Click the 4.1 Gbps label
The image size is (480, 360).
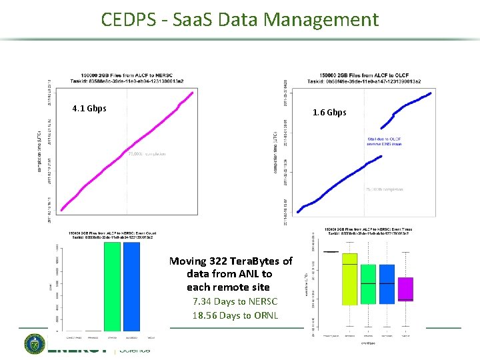pos(89,109)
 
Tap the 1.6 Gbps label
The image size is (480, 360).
pos(329,113)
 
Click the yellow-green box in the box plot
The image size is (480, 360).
pos(349,287)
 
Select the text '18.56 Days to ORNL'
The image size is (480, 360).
pos(235,315)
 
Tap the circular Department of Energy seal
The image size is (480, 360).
pos(35,345)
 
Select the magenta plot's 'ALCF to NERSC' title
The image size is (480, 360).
pos(127,75)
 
